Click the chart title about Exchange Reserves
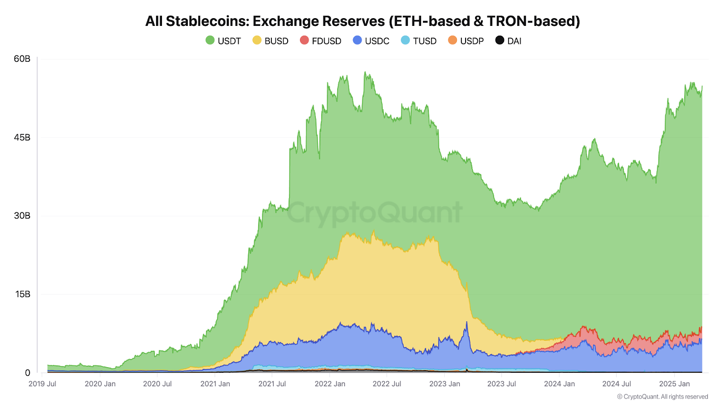click(x=363, y=21)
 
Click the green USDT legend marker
click(x=210, y=40)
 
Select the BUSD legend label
click(x=276, y=41)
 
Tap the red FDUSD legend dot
click(x=304, y=40)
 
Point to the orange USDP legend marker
click(x=452, y=40)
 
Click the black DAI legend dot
click(x=500, y=40)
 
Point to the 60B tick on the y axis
click(x=22, y=59)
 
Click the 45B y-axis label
click(x=22, y=137)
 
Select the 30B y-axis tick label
click(x=22, y=215)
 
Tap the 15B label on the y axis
click(x=22, y=294)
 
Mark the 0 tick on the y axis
click(x=27, y=373)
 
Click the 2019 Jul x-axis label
click(x=42, y=384)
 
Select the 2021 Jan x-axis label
click(x=215, y=384)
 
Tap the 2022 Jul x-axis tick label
click(x=387, y=384)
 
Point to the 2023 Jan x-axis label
click(x=445, y=384)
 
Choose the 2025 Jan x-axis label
click(x=674, y=384)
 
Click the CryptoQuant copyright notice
click(x=662, y=397)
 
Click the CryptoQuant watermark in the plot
click(x=374, y=213)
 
